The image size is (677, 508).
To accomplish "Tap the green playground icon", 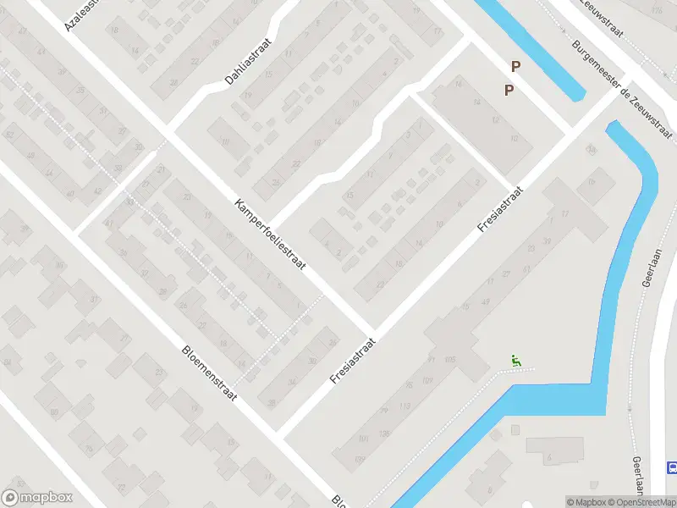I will coord(516,361).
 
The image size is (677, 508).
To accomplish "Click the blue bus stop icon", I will coord(672,467).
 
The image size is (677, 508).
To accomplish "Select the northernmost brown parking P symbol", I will coord(515,66).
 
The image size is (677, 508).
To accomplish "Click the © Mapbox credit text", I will coord(587,502).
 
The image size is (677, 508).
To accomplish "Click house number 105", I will coord(449,360).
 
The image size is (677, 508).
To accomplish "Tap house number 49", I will coord(486,301).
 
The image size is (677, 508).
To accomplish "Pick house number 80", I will coord(54,412).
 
